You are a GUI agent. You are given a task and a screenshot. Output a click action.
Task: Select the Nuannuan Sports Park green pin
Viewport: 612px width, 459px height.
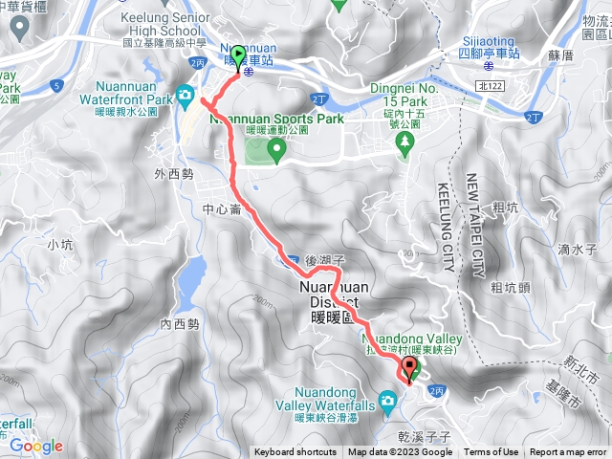(276, 147)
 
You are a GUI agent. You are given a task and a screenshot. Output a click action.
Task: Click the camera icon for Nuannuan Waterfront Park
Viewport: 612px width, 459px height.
(184, 96)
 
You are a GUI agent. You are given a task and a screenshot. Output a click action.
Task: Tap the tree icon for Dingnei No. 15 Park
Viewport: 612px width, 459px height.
(404, 142)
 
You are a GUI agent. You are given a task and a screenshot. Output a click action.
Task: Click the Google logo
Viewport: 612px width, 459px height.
(36, 446)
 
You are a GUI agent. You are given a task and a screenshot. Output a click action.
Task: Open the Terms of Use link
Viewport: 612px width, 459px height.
(492, 452)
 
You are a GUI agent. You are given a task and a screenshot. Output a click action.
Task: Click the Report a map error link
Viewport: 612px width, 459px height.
(568, 452)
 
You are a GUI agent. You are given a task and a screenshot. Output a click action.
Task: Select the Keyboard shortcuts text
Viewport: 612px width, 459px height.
(295, 452)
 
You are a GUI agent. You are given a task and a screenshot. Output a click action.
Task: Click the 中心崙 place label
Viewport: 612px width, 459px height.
(223, 209)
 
